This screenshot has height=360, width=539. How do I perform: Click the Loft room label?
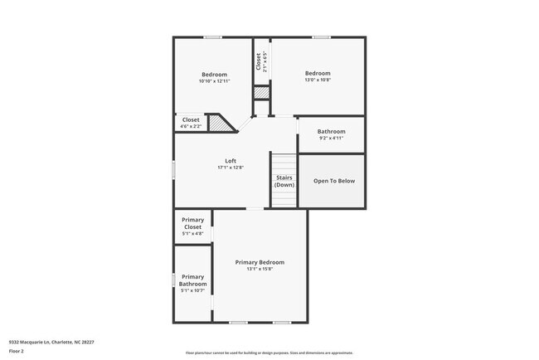click(x=231, y=161)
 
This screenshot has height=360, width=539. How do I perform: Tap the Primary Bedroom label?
click(x=260, y=262)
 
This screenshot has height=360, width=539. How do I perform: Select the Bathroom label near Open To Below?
click(x=331, y=132)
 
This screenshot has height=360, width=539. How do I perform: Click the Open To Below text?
click(x=334, y=181)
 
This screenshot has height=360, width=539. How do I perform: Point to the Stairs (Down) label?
click(x=284, y=181)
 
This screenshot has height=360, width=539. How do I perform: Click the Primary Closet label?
click(x=192, y=223)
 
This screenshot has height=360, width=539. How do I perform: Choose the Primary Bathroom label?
click(x=192, y=280)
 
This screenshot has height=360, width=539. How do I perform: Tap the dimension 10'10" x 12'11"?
click(x=214, y=81)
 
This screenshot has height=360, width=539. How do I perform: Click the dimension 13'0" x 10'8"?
click(x=317, y=80)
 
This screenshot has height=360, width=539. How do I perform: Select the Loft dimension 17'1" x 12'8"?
click(x=231, y=168)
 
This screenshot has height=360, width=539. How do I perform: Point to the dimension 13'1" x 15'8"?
click(x=260, y=269)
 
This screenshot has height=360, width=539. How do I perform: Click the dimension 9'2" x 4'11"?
click(x=331, y=139)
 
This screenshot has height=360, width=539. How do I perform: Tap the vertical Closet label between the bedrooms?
click(x=259, y=61)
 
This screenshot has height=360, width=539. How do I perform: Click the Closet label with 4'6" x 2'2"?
click(x=191, y=120)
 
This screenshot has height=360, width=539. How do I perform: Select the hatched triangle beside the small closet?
click(x=217, y=124)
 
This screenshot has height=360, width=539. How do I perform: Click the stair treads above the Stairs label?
click(x=284, y=163)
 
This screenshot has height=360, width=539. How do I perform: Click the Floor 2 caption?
click(x=17, y=352)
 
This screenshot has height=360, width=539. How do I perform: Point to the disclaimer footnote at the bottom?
click(x=269, y=353)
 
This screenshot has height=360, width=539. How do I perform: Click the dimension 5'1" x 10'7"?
click(x=192, y=290)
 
